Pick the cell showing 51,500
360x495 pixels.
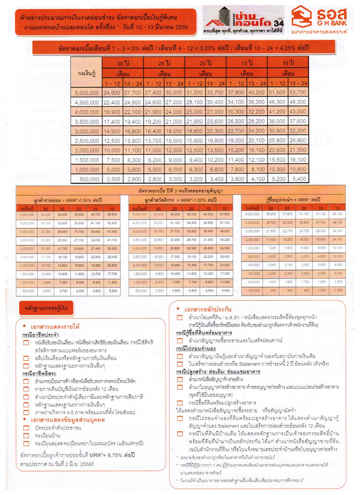pyautogui.click(x=277, y=93)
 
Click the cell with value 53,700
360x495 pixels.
pyautogui.click(x=298, y=93)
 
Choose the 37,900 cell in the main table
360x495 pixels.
pyautogui.click(x=236, y=93)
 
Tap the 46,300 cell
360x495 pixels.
pyautogui.click(x=277, y=102)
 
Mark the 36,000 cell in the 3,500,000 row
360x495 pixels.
pyautogui.click(x=277, y=121)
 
